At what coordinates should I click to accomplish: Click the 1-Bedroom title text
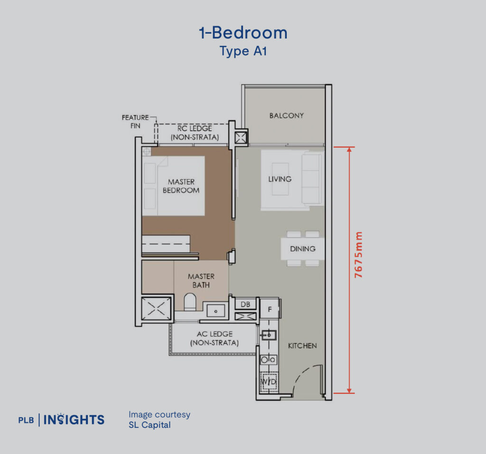tap(243, 33)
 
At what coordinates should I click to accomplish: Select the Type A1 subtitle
tap(243, 51)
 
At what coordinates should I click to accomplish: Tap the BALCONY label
tap(286, 115)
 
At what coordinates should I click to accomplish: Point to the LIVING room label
tap(280, 179)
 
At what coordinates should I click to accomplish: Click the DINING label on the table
tap(302, 249)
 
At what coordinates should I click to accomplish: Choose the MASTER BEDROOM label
tap(181, 186)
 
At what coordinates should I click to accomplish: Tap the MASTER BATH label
tap(201, 280)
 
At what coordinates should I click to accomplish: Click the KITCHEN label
tap(302, 346)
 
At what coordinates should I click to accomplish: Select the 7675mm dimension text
tap(359, 255)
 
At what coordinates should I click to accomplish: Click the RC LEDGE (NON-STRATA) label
tap(195, 133)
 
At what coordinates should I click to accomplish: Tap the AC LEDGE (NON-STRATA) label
tap(214, 338)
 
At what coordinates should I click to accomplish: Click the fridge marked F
tap(270, 309)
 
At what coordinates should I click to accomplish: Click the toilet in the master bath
tap(190, 302)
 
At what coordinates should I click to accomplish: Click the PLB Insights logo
tap(61, 420)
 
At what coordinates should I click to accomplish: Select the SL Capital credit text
tap(150, 425)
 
